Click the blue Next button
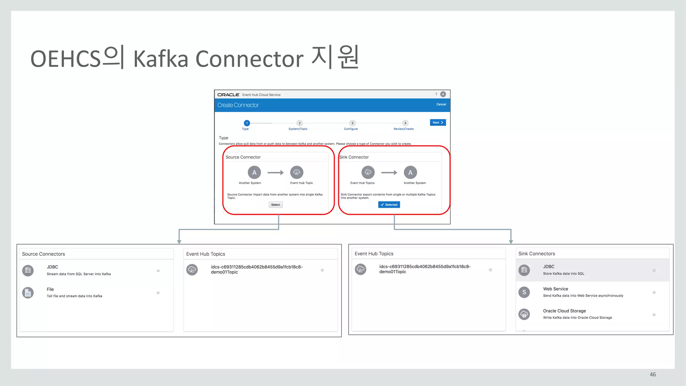[x=437, y=123]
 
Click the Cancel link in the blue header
[x=441, y=105]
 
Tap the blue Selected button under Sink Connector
[x=389, y=205]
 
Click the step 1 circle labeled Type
[x=247, y=123]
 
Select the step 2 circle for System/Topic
[x=299, y=123]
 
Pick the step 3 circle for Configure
[x=352, y=123]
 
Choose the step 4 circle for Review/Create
[x=405, y=123]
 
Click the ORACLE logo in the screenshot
[x=228, y=95]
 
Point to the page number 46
[x=653, y=375]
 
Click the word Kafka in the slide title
[x=161, y=59]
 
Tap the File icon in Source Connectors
[x=28, y=293]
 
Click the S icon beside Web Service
[x=524, y=292]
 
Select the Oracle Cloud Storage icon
[x=524, y=314]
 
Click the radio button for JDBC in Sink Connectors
[x=654, y=270]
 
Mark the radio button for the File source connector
[x=158, y=293]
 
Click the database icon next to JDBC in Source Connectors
[x=28, y=270]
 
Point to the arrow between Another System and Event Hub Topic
[x=275, y=173]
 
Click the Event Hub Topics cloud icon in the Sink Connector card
[x=368, y=173]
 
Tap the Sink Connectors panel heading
[x=537, y=254]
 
